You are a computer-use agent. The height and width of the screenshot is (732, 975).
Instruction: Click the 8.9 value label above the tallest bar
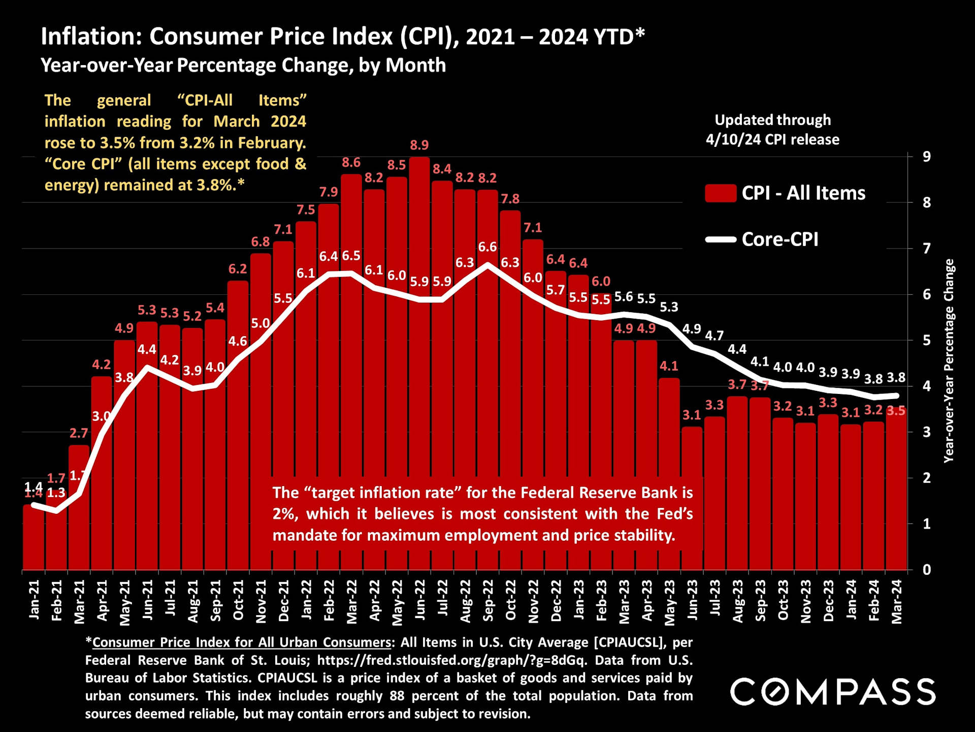(x=419, y=145)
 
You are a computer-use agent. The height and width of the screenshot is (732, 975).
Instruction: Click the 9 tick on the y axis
(x=927, y=157)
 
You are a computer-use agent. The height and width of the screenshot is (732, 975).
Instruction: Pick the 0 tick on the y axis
(x=927, y=570)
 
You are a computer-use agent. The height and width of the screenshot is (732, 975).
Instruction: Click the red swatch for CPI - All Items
(x=721, y=193)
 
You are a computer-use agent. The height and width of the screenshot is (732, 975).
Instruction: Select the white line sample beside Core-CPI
(x=721, y=239)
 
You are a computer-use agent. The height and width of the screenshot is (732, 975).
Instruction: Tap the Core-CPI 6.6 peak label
(x=487, y=247)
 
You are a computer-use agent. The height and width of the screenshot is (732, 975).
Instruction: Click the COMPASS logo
(x=833, y=692)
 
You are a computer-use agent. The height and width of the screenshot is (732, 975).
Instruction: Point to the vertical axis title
(x=949, y=361)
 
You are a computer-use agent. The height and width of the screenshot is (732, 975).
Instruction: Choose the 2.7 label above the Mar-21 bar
(x=79, y=433)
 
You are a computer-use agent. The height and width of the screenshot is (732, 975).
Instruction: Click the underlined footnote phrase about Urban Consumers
(x=242, y=643)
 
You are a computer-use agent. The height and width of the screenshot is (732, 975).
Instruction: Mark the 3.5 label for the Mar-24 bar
(x=896, y=411)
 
